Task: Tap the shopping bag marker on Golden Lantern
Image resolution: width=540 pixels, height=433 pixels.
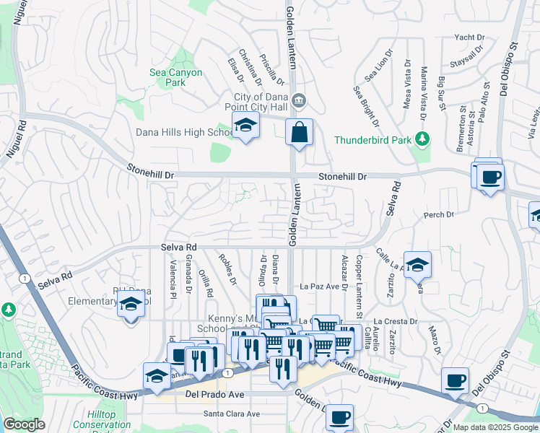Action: point(299,133)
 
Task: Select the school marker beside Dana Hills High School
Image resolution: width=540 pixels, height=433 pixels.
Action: point(245,126)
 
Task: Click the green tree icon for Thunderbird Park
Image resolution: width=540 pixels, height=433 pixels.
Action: point(424,139)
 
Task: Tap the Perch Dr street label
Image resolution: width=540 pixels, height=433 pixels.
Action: point(439,215)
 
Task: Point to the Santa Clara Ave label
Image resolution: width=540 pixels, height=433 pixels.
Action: point(231,414)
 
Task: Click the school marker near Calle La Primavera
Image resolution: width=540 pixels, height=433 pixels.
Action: point(417,266)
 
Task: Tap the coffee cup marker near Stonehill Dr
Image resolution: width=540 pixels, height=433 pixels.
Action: point(490,177)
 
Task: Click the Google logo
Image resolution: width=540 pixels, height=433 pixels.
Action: point(24,424)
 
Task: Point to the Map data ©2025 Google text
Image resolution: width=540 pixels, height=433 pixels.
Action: point(495,427)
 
